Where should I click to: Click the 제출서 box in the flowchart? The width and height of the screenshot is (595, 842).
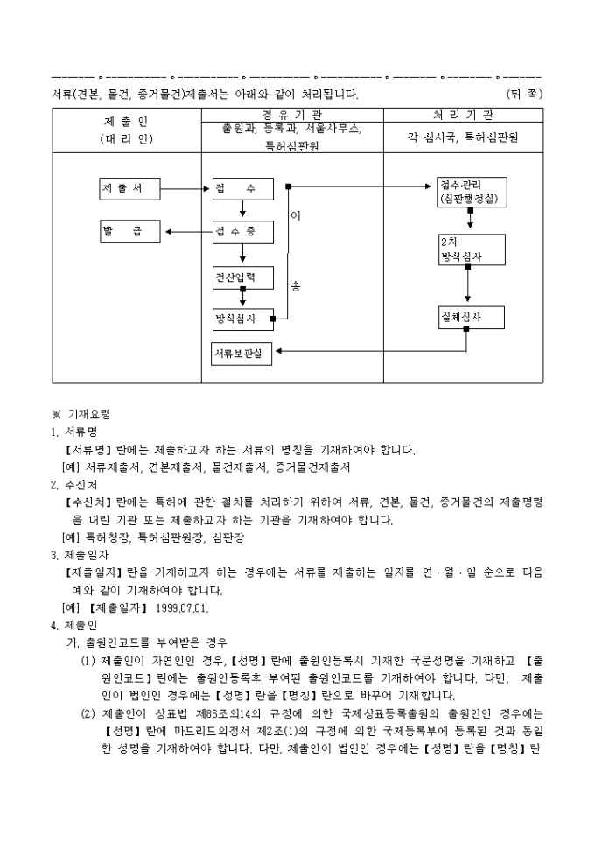point(129,188)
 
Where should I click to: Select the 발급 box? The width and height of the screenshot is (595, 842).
point(129,232)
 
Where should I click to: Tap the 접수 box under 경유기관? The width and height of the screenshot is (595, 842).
point(242,188)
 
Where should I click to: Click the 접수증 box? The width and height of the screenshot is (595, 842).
point(242,232)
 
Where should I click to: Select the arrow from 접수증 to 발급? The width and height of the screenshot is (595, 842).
point(188,232)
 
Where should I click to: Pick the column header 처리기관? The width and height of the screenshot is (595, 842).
point(463,115)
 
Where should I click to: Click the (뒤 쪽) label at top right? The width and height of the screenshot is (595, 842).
point(525,93)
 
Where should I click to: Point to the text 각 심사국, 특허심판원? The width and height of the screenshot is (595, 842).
point(463,137)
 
